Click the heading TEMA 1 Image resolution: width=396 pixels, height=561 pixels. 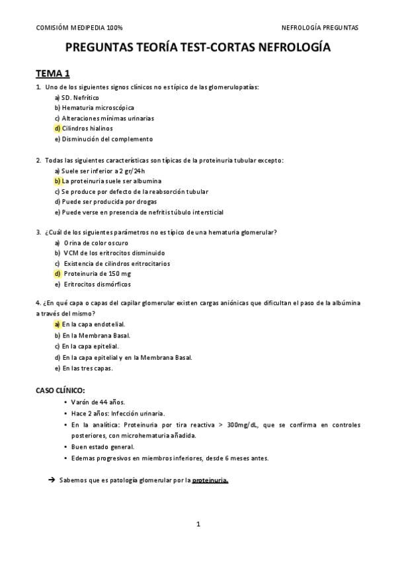tap(52, 73)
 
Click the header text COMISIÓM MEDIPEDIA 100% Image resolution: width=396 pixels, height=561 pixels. tap(79, 28)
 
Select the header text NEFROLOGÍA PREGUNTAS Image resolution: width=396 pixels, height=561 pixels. tap(320, 28)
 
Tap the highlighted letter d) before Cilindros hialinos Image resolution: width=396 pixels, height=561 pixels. tap(58, 128)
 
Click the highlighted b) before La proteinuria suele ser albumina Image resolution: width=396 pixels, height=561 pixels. tap(58, 181)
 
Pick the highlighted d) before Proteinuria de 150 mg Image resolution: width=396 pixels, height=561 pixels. tap(58, 274)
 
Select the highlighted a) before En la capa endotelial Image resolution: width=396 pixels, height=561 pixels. tap(58, 325)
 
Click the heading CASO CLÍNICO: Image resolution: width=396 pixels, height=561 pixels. tap(60, 390)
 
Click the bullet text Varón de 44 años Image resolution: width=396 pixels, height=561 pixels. tap(98, 402)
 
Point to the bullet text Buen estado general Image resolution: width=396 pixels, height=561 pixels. tap(102, 447)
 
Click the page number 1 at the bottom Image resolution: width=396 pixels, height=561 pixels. tap(198, 524)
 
